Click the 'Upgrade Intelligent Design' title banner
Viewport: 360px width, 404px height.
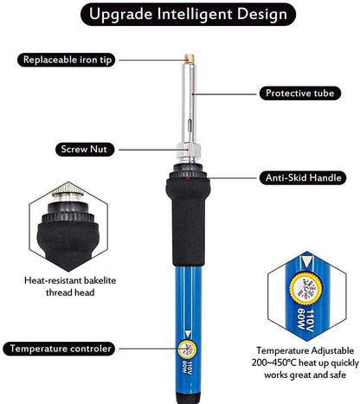[188, 14]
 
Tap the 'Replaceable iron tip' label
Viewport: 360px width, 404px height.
[67, 60]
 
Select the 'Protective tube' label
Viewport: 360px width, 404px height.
[300, 93]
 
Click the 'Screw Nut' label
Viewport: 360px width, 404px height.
[85, 150]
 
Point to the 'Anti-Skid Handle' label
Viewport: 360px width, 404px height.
[303, 177]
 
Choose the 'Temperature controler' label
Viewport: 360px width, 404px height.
[59, 349]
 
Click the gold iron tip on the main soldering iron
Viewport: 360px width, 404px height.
[190, 58]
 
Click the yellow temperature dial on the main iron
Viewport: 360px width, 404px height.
[187, 349]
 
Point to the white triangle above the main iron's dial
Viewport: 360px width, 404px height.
[188, 334]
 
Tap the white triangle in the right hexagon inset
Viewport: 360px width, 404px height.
[305, 262]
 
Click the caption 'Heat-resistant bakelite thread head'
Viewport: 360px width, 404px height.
[70, 286]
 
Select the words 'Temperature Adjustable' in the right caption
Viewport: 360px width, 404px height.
[305, 350]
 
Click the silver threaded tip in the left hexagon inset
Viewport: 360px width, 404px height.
[68, 192]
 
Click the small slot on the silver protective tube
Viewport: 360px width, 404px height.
[190, 125]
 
